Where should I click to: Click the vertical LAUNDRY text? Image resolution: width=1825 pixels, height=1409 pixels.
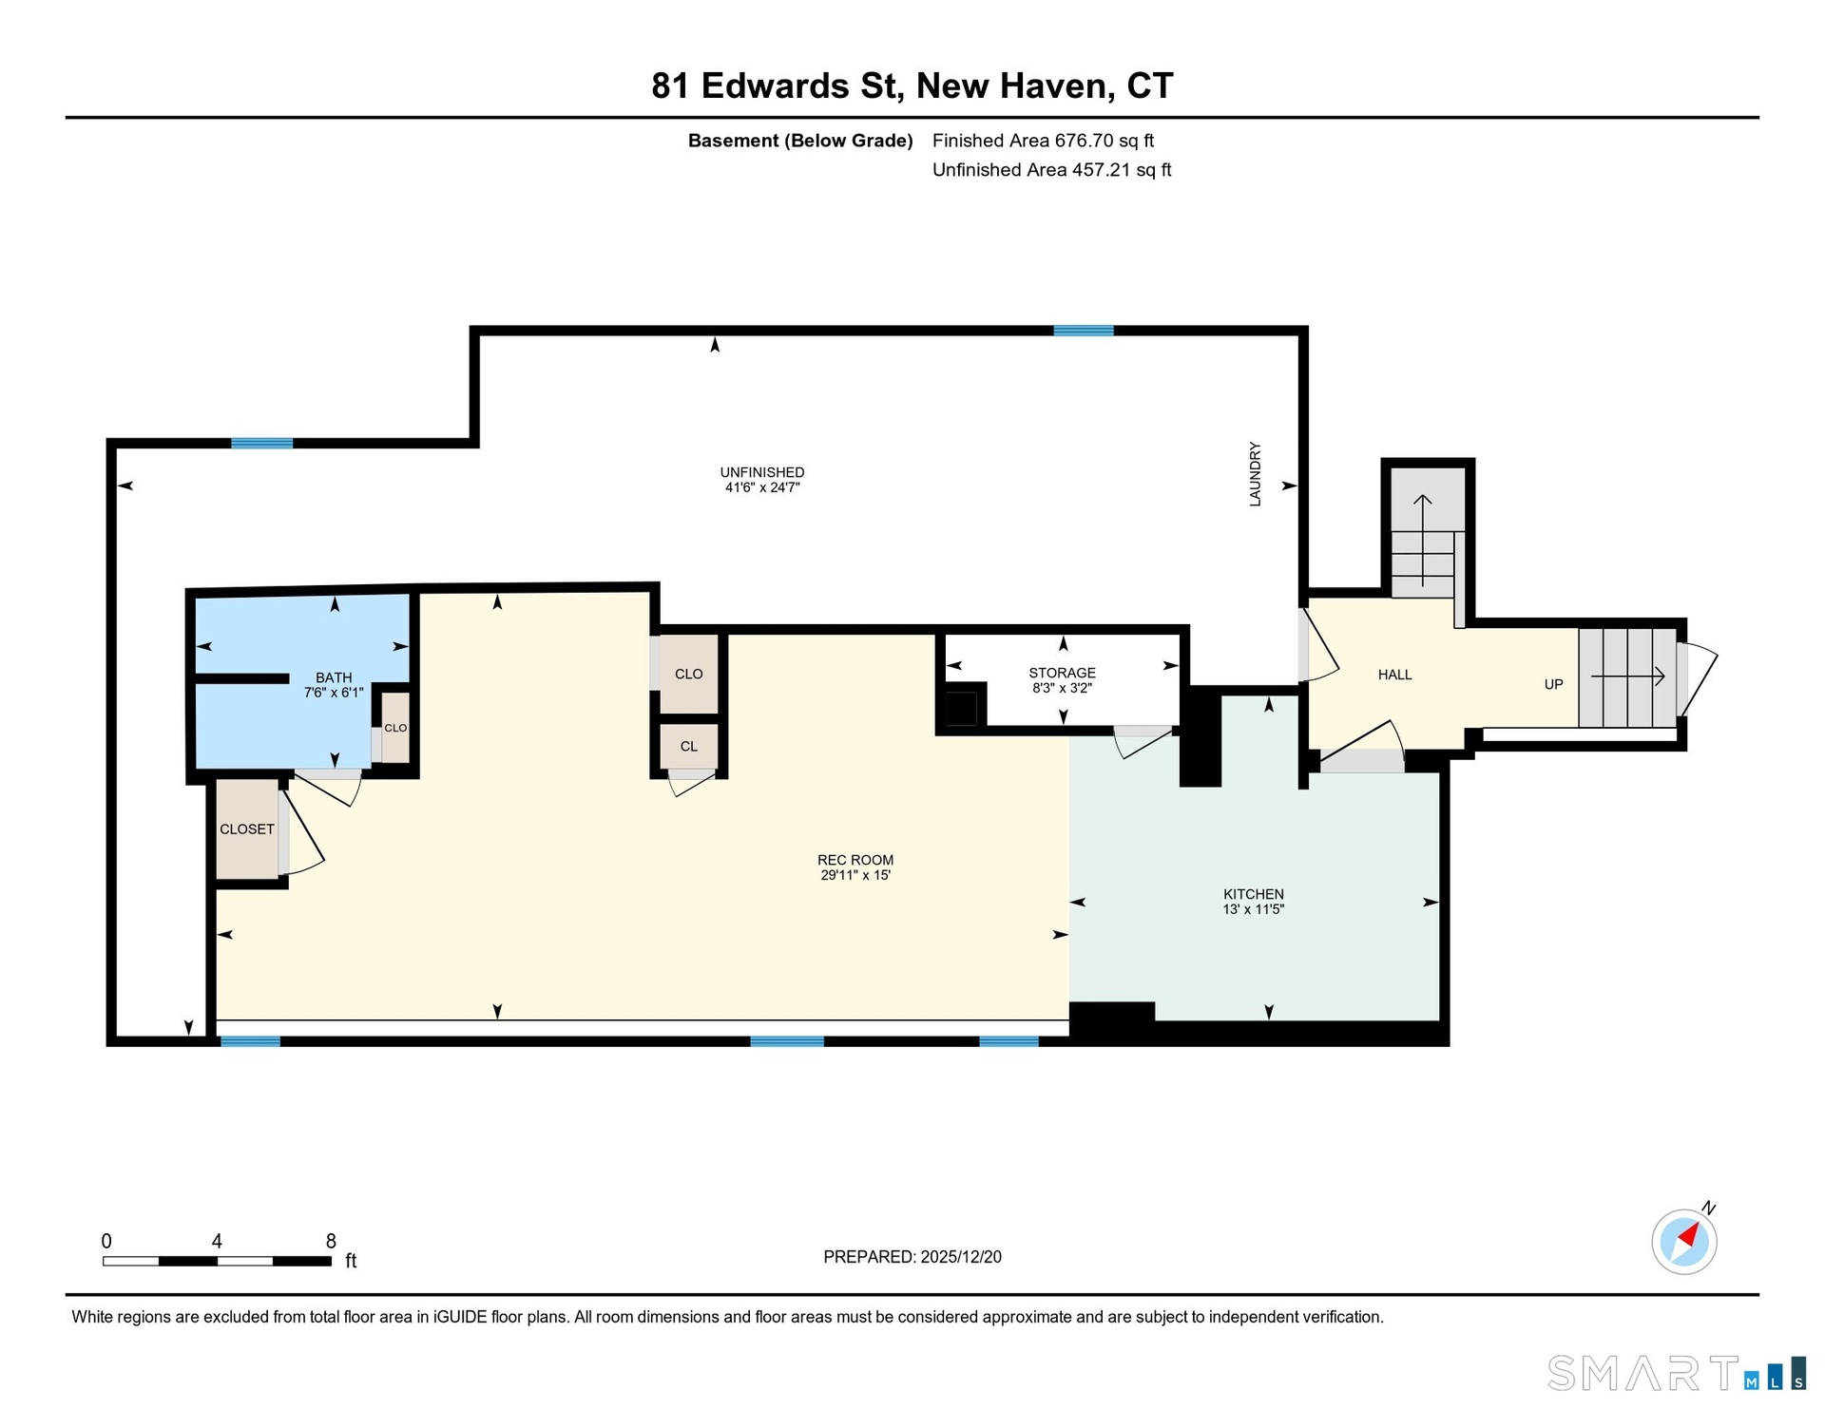pos(1255,474)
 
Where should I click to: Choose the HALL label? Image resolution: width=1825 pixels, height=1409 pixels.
pos(1394,675)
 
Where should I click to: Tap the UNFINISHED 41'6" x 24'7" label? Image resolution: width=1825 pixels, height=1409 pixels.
pos(762,480)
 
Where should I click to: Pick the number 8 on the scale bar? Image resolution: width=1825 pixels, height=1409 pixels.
pos(331,1241)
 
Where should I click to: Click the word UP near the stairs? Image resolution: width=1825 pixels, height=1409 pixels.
pos(1553,684)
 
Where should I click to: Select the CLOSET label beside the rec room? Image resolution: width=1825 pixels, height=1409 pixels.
pos(247,829)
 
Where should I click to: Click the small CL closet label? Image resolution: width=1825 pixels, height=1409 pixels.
pos(689,747)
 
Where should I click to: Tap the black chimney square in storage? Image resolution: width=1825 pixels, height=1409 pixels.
pos(961,709)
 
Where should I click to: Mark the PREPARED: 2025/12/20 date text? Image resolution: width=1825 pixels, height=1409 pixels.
pos(912,1257)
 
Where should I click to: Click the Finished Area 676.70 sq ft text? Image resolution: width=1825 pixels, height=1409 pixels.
pos(1043,141)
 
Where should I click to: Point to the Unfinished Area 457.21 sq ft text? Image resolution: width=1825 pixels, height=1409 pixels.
pos(1051,170)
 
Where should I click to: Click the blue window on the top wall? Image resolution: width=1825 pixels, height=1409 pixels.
pos(1084,331)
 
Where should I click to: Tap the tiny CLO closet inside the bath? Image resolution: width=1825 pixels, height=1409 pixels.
pos(395,728)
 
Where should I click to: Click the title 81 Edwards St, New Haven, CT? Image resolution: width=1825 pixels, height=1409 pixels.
pos(912,86)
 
